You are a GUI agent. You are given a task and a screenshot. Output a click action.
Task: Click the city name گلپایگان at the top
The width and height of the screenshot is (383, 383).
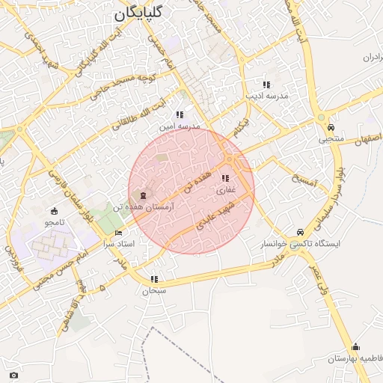click(140, 14)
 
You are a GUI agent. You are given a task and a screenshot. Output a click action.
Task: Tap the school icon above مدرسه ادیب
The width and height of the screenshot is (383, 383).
click(266, 85)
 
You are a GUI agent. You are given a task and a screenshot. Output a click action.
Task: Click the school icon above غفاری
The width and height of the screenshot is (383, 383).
click(225, 178)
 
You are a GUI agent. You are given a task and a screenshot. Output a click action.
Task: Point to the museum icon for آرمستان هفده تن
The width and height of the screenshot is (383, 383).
click(144, 195)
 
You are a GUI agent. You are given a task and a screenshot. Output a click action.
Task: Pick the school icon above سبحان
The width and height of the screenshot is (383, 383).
click(154, 279)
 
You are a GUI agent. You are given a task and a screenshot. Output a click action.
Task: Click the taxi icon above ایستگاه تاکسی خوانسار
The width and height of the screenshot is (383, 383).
click(300, 232)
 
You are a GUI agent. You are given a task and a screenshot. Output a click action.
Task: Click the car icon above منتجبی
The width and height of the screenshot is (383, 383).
click(330, 127)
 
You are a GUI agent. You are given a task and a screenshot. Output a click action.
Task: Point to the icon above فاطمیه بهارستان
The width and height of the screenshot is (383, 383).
click(355, 346)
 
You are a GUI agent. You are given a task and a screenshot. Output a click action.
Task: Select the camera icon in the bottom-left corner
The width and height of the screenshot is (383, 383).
click(13, 375)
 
